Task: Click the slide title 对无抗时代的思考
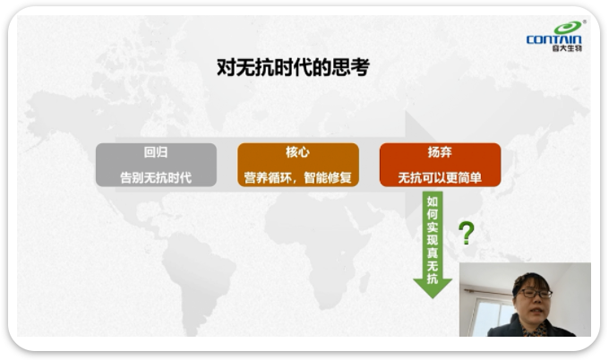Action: [293, 67]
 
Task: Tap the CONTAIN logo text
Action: [553, 39]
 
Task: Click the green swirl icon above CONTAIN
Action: [568, 27]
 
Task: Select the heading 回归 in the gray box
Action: [156, 152]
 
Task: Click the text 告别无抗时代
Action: [156, 178]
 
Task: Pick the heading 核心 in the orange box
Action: [298, 152]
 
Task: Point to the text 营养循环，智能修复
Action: [298, 178]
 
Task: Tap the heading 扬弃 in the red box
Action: [440, 152]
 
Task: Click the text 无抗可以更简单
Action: [440, 178]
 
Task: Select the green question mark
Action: [467, 233]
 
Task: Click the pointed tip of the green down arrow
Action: [433, 298]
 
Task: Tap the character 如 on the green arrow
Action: [433, 201]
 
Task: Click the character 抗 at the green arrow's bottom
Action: [433, 279]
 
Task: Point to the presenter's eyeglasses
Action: [536, 293]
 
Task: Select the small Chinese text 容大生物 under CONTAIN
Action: [567, 48]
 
